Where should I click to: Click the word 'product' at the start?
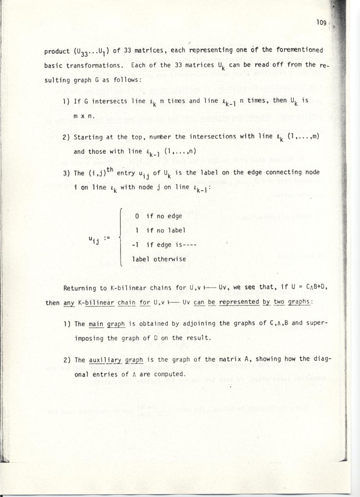coord(57,52)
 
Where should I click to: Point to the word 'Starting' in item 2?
coord(88,137)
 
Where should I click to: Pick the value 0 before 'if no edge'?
coord(137,216)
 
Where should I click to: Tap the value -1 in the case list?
coord(136,245)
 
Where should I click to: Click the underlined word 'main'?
coord(96,324)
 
